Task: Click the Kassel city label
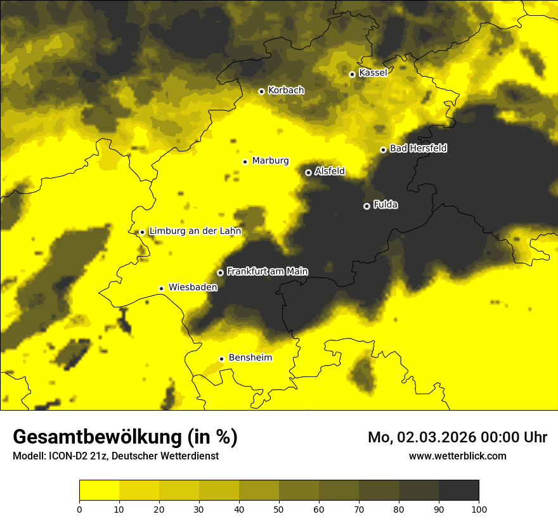pos(373,73)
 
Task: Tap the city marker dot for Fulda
pos(367,206)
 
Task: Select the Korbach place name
pos(286,91)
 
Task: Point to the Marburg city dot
pos(245,162)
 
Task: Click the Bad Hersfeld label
pos(418,148)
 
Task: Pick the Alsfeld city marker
pos(309,172)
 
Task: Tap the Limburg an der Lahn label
pos(195,231)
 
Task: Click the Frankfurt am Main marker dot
pos(220,273)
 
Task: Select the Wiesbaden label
pos(193,287)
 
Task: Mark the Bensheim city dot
pos(221,359)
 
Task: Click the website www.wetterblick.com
pos(457,456)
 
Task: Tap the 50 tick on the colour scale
pos(279,508)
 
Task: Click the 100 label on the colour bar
pos(479,508)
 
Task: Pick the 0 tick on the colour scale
pos(79,508)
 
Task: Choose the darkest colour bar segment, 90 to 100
pos(458,490)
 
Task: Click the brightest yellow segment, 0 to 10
pos(99,490)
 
